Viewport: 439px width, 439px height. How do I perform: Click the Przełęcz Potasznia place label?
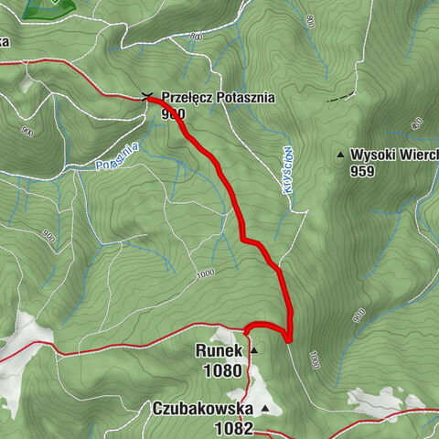pos(218,97)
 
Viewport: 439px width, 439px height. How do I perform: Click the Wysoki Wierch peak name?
pos(394,155)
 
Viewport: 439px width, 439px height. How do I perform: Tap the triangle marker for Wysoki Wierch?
pos(340,155)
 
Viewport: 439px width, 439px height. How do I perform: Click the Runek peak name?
pos(219,350)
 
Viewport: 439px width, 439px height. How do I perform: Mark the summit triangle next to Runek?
pos(253,350)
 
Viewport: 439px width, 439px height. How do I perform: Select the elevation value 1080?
pos(224,370)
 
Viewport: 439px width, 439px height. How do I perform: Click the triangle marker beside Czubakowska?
pos(265,409)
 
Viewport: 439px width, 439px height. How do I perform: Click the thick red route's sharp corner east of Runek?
pos(288,339)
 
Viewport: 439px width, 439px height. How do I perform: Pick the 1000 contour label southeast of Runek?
pos(316,361)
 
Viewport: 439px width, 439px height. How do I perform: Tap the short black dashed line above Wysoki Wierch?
pos(340,96)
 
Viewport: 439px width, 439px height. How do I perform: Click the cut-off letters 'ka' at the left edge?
pos(5,41)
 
